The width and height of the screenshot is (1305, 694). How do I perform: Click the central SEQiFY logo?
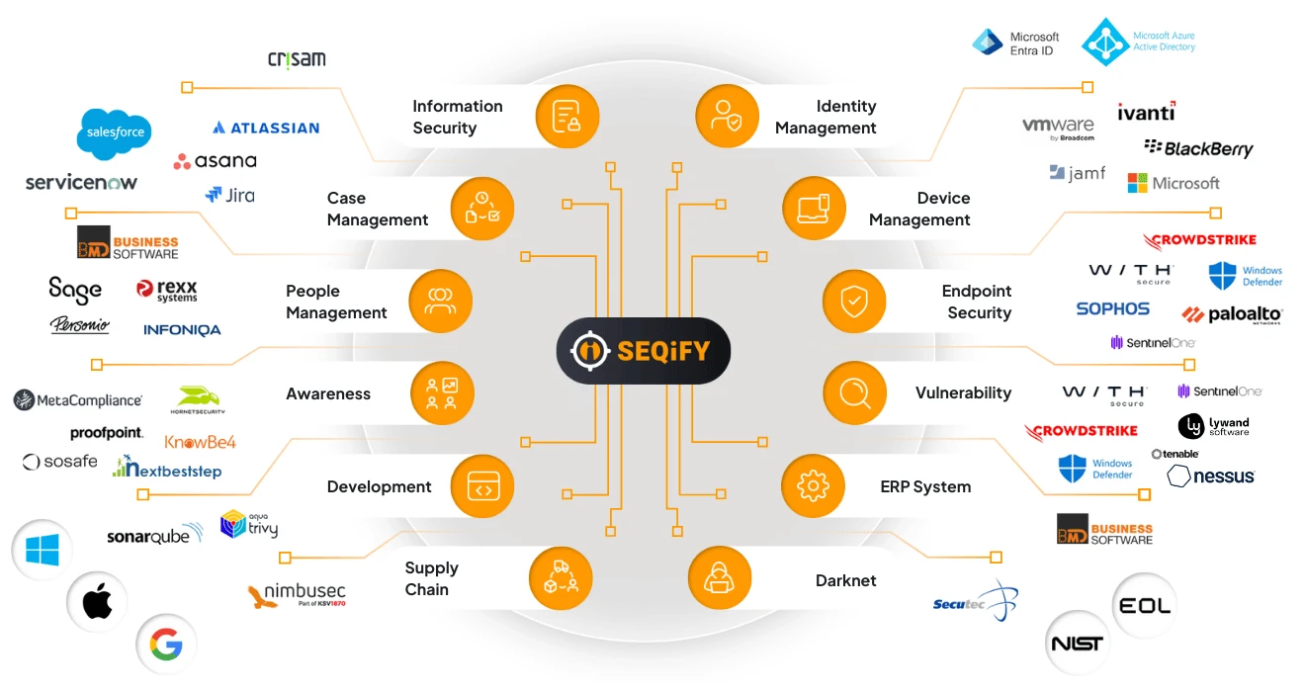[x=643, y=350]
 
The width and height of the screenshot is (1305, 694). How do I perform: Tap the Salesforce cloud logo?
[x=116, y=132]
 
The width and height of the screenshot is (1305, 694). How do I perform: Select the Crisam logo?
[x=297, y=59]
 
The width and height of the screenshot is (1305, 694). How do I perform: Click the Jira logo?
[x=229, y=195]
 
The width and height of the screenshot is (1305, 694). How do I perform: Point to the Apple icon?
[x=97, y=601]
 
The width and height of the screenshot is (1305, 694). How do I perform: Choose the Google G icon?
[x=166, y=646]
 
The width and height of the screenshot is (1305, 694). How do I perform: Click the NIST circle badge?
[x=1078, y=645]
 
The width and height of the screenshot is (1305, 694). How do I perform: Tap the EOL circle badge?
[x=1145, y=605]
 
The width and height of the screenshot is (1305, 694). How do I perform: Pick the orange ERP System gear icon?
[x=813, y=485]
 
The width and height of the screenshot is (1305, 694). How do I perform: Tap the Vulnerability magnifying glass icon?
[x=854, y=393]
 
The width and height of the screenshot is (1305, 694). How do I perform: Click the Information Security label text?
[x=457, y=117]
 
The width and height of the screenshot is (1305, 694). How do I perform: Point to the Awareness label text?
[x=328, y=393]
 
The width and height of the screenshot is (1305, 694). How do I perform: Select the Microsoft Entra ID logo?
[x=1015, y=43]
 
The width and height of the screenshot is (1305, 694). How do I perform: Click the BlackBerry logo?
[x=1198, y=148]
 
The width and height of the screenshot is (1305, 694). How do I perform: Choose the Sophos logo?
[x=1112, y=309]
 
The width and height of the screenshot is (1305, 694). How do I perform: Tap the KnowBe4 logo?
[x=200, y=442]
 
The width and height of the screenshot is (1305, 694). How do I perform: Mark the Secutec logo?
[x=975, y=601]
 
